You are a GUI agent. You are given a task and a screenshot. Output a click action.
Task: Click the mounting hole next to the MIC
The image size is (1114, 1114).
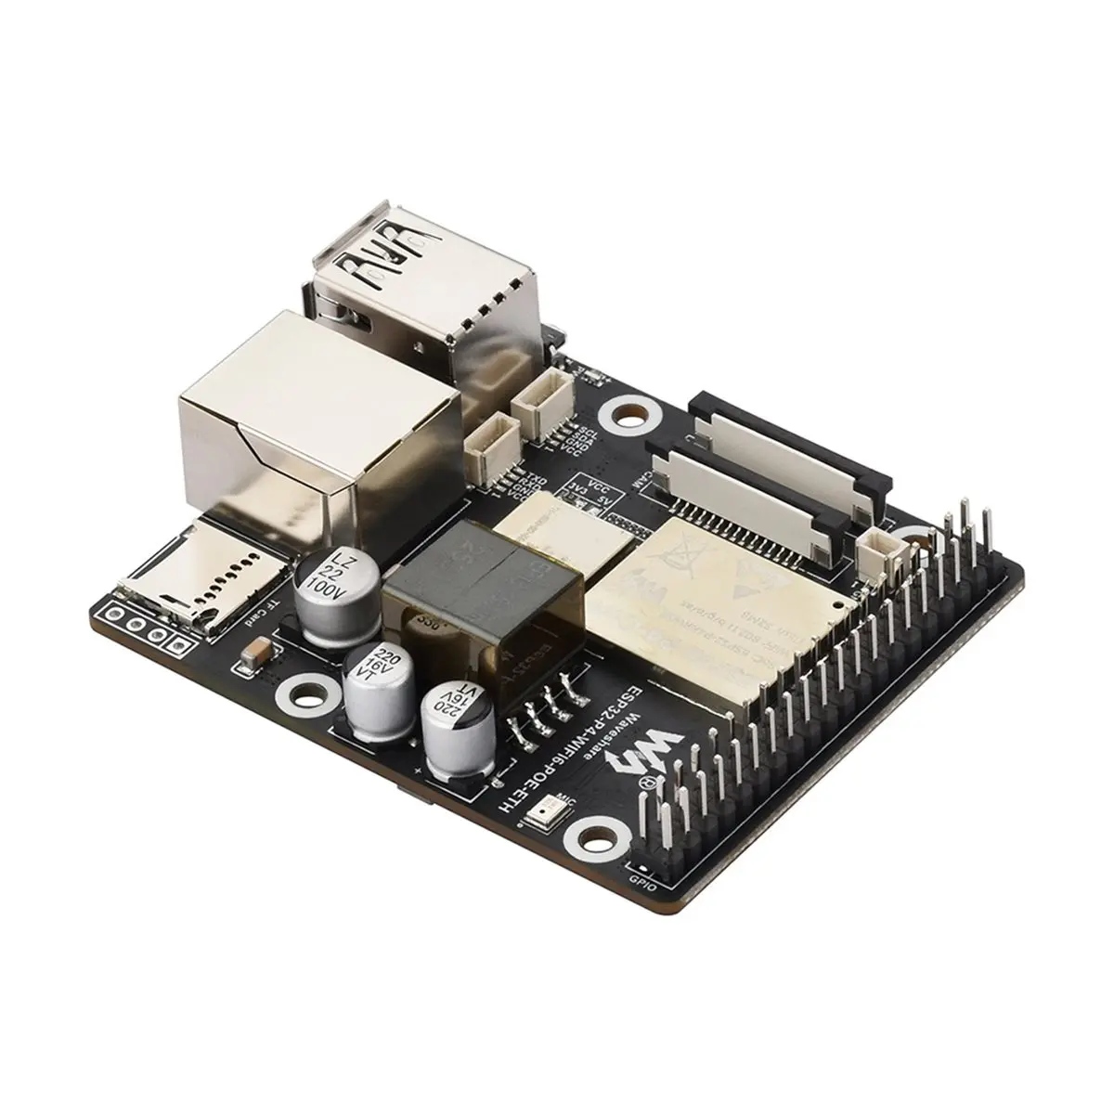click(x=588, y=833)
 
